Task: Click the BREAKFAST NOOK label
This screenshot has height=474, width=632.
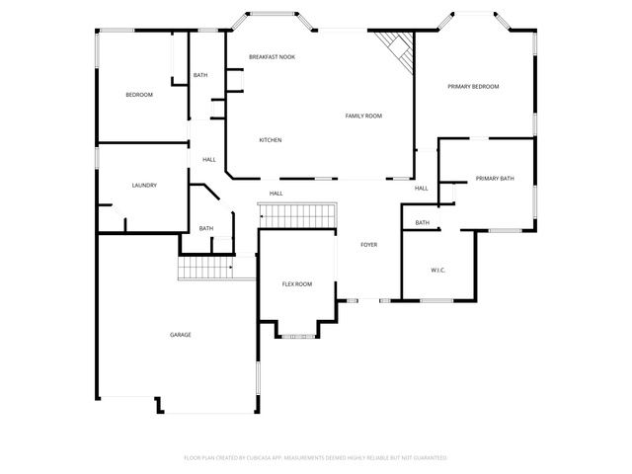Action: click(272, 57)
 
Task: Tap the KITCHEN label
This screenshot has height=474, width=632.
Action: click(271, 140)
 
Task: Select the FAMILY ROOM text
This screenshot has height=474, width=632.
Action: click(363, 117)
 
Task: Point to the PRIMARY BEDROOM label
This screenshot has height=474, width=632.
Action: click(473, 87)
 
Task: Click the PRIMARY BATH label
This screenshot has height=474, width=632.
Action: click(495, 179)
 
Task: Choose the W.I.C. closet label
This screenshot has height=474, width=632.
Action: click(439, 270)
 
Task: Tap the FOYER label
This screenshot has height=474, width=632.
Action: click(368, 245)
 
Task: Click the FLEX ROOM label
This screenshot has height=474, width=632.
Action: click(297, 284)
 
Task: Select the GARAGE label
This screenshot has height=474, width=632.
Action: click(181, 335)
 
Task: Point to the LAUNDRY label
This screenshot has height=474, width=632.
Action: click(144, 186)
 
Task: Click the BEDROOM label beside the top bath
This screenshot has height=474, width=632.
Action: click(139, 95)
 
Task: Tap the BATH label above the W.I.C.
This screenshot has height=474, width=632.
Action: click(423, 223)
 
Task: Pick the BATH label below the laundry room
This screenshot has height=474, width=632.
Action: click(206, 229)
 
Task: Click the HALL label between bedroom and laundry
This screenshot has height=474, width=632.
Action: click(209, 160)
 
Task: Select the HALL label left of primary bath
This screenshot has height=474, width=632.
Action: click(422, 189)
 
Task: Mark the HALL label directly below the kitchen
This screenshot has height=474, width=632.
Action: click(276, 194)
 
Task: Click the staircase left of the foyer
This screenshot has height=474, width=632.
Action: click(297, 214)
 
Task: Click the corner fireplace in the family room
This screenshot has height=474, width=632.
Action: click(396, 45)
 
